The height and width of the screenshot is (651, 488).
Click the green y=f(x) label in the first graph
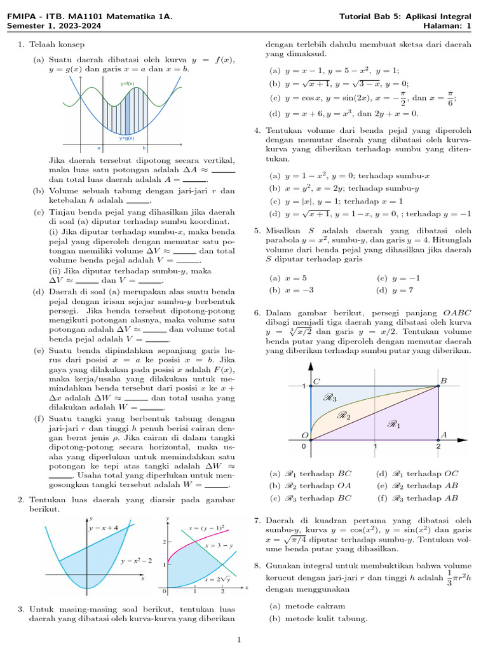coord(127,84)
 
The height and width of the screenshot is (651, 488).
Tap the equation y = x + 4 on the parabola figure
coord(103,528)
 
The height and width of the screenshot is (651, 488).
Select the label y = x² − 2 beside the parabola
coord(136,561)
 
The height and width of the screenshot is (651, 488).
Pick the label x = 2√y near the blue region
coord(217,580)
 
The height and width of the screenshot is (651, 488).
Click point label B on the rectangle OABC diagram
coord(444,380)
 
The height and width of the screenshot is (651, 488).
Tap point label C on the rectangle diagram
coord(316,380)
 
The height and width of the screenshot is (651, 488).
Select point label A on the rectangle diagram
coord(444,435)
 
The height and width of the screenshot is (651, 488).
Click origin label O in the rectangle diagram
coord(305,435)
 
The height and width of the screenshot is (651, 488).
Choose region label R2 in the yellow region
coord(344,416)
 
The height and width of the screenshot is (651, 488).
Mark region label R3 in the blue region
coord(330,398)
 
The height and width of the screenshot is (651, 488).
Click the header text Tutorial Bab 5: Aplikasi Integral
coord(405,16)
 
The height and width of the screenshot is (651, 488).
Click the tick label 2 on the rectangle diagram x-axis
coord(438,446)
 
